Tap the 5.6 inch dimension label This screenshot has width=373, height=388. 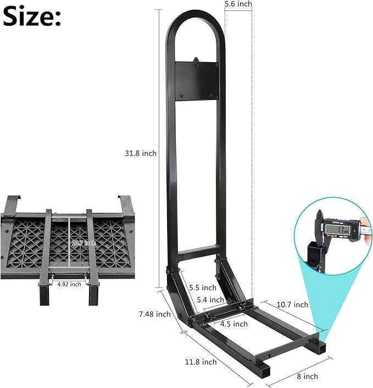(238, 4)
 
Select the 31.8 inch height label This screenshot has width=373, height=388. (141, 153)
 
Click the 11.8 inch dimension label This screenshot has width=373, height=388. (201, 362)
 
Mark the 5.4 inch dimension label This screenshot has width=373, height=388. (210, 300)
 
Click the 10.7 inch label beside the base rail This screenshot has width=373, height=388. (293, 304)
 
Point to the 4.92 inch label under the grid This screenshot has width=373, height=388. (68, 284)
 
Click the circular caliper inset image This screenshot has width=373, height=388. (333, 240)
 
